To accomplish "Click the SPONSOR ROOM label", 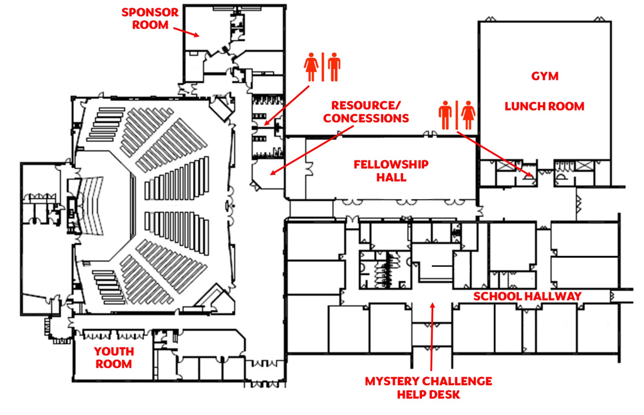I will point(150,18).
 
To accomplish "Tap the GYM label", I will point(545,76).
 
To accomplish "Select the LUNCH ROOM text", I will point(544,107).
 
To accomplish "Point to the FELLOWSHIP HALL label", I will point(391,171).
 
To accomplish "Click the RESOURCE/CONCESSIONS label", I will point(366,112).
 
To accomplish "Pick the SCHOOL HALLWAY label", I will point(527,296).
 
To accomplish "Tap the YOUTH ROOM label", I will point(114,358).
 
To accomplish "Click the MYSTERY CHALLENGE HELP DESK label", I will point(428,388).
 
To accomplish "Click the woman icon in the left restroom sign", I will point(311,67).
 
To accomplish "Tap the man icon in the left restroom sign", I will point(334,67).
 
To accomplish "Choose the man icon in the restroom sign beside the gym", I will point(445,115).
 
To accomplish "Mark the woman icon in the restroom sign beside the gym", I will point(468,115).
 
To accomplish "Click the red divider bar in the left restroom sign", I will point(323,67).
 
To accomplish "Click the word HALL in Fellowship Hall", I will point(391,177).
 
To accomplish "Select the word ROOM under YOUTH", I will point(114,364).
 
